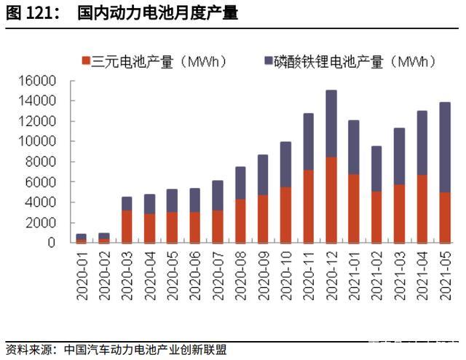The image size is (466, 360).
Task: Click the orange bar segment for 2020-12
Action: coord(331,200)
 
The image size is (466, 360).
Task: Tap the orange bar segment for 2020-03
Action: coord(127,226)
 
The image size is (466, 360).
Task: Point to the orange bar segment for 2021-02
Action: coord(376,216)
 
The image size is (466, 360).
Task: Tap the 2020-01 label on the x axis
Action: coord(82,274)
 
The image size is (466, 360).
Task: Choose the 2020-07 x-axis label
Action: coord(218,274)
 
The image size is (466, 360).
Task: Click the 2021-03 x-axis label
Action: coord(399,274)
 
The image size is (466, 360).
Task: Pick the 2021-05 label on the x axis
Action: coord(444,274)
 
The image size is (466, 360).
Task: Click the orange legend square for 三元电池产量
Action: coord(85,60)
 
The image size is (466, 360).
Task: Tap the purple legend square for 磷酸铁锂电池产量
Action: coord(268,60)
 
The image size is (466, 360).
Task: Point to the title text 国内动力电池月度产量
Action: coord(158,12)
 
